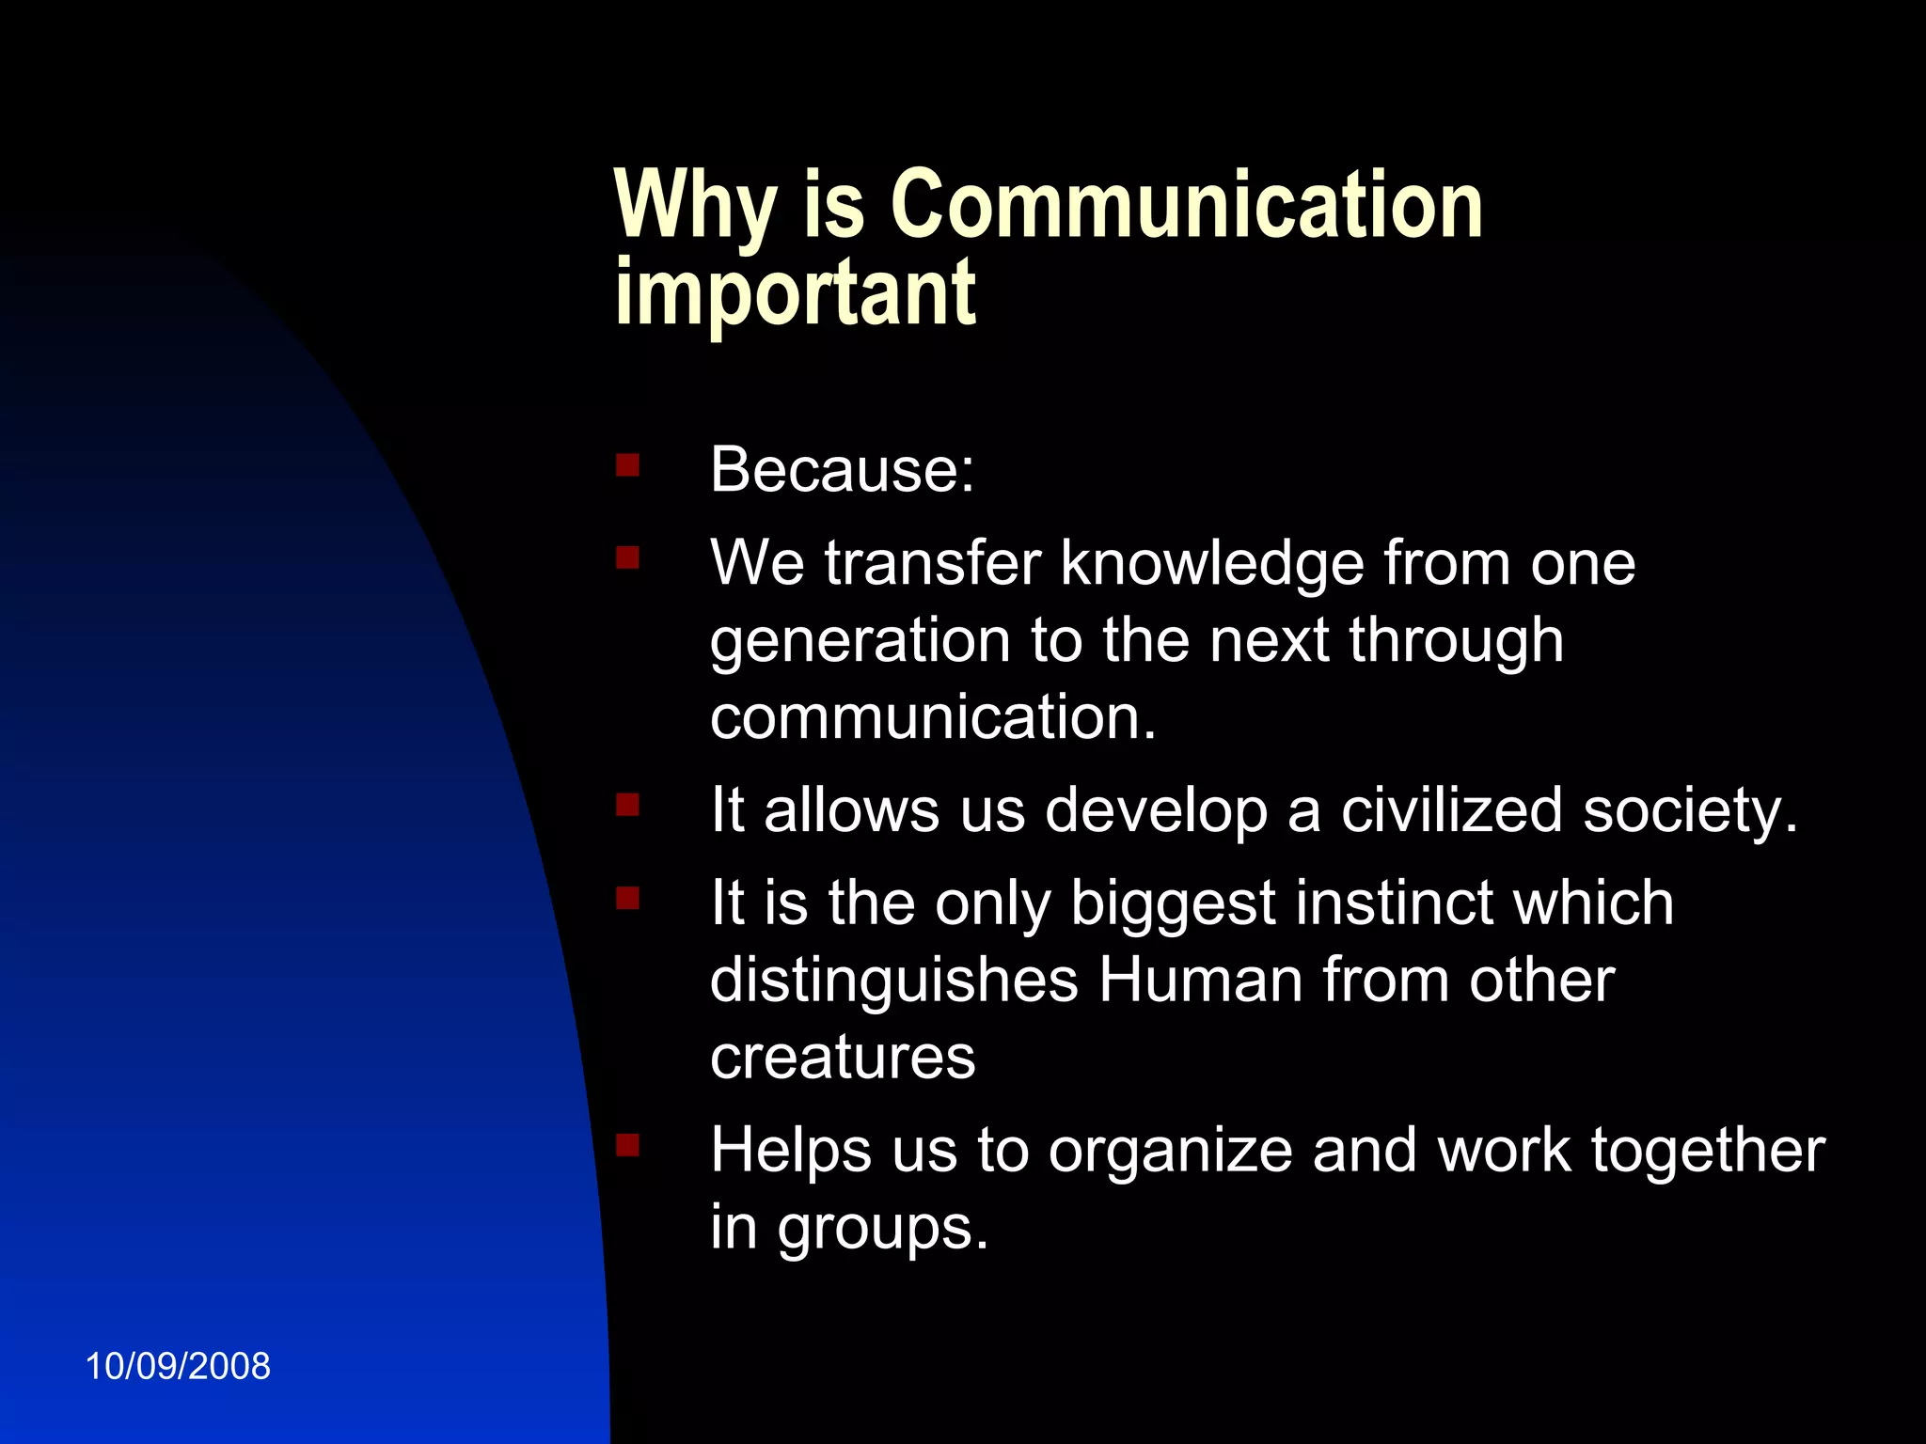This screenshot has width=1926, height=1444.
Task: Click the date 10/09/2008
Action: pyautogui.click(x=178, y=1366)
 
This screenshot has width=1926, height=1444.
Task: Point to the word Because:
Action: pyautogui.click(x=842, y=469)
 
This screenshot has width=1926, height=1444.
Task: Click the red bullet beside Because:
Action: pyautogui.click(x=627, y=465)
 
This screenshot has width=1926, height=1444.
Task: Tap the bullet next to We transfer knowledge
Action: pyautogui.click(x=627, y=559)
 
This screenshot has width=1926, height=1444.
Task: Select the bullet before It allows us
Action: pyautogui.click(x=627, y=806)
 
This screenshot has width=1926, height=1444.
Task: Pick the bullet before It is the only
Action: pyautogui.click(x=627, y=900)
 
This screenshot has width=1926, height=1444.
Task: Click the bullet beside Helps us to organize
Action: pyautogui.click(x=627, y=1145)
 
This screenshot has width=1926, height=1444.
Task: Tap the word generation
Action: pyautogui.click(x=860, y=642)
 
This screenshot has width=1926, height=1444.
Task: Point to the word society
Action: pyautogui.click(x=1690, y=811)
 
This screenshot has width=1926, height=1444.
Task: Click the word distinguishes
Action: pyautogui.click(x=893, y=981)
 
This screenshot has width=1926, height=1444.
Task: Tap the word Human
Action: pyautogui.click(x=1201, y=981)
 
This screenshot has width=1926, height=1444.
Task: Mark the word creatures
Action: pyautogui.click(x=843, y=1058)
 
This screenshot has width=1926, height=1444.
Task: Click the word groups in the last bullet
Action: pyautogui.click(x=882, y=1230)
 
